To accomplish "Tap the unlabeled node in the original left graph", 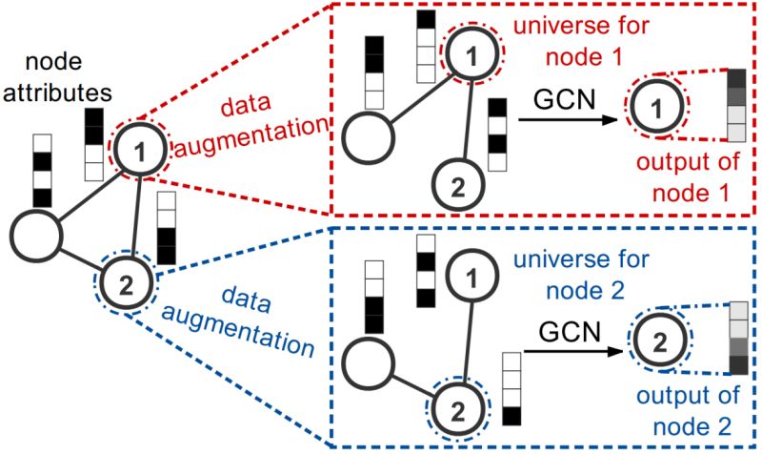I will (34, 232).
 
